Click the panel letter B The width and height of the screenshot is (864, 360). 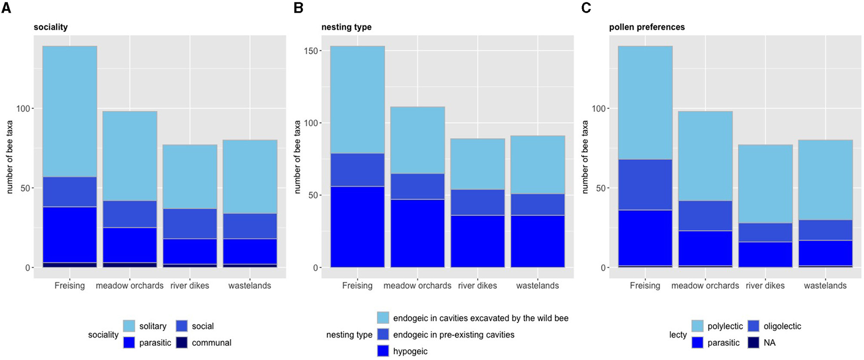coord(298,8)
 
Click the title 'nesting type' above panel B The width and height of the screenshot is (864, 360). coord(346,27)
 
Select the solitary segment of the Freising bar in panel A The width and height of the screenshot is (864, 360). coord(70,111)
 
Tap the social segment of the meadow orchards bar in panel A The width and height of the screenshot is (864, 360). coord(130,214)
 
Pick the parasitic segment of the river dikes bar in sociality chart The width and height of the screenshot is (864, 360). coord(190,251)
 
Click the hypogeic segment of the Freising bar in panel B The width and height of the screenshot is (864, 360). coord(357,227)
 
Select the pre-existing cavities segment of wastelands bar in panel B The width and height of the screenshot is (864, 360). coord(538,204)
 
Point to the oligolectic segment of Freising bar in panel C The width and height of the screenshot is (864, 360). coord(645,185)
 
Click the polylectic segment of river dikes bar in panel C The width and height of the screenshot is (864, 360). coord(766,184)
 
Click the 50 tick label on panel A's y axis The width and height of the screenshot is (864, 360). coord(25,188)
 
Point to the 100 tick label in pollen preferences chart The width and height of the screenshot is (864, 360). coord(598,108)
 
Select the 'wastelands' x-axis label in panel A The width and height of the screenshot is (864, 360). coord(250,286)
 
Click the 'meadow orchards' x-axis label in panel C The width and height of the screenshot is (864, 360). coord(705,286)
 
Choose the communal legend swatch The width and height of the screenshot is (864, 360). coord(181,342)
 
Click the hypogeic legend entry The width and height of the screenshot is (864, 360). coord(410,351)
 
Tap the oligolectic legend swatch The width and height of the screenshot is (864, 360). coord(753,326)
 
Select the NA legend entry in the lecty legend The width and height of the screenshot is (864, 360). coord(769,342)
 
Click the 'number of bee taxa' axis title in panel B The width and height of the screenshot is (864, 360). coord(297,157)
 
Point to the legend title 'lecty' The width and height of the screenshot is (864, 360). coord(678,335)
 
